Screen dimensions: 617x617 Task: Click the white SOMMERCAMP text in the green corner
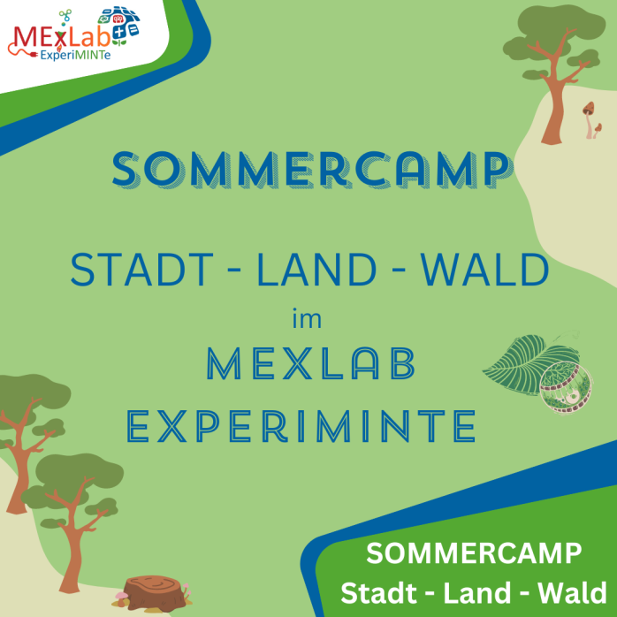pyautogui.click(x=474, y=554)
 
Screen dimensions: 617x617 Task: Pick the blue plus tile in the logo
pyautogui.click(x=132, y=30)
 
